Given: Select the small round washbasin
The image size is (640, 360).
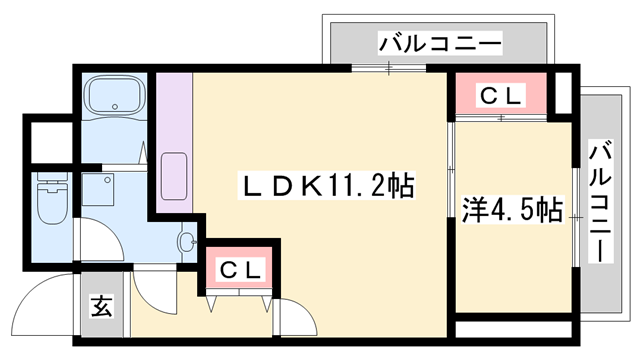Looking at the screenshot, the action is [x=186, y=240].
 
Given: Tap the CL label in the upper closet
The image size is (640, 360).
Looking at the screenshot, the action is [x=500, y=96].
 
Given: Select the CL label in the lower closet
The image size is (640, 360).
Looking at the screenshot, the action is [x=241, y=269].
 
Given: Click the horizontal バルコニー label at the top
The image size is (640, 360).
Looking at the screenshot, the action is [x=439, y=44].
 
